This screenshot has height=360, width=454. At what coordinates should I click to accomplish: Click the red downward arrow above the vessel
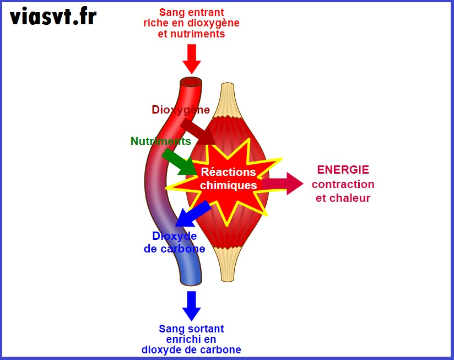coord(192,58)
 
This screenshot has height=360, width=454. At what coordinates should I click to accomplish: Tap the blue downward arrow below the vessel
coord(192,305)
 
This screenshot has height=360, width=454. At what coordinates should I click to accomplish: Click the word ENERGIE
coord(343,170)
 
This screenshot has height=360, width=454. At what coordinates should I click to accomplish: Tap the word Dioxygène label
coord(181,110)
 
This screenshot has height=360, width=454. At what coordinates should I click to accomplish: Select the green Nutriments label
coord(160,141)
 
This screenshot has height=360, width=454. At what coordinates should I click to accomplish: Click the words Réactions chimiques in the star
coord(228,179)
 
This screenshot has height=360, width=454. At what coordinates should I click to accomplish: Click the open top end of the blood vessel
coord(192,82)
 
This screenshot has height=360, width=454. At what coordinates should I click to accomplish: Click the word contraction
coord(343,184)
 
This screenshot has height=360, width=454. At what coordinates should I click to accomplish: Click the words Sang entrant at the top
coord(191,12)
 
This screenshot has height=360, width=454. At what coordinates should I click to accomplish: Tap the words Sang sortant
coord(191,329)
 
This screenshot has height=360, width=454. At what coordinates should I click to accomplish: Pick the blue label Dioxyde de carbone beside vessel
coord(175,243)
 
